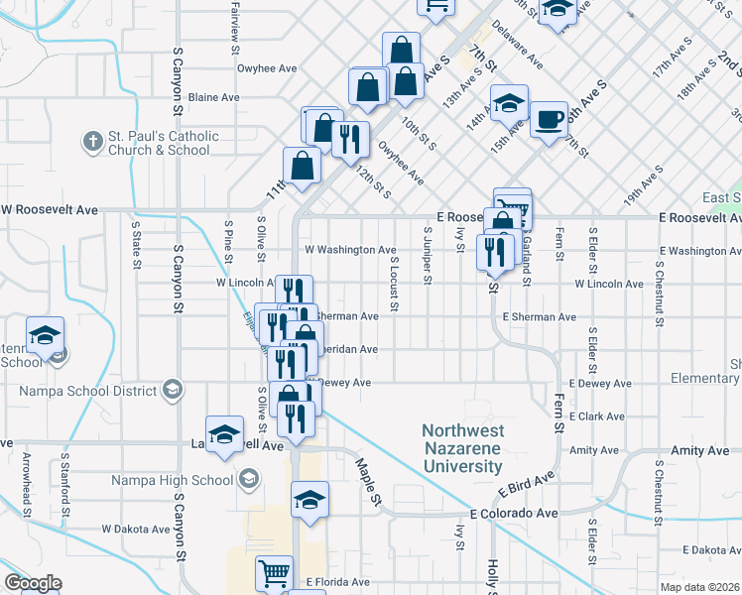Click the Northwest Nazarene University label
point(462,448)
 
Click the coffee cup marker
point(549,121)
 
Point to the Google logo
point(33,583)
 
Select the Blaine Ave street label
point(214,98)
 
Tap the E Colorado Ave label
point(515,514)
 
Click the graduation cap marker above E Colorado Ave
point(310,499)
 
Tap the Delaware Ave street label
point(517,43)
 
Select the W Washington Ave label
point(350,250)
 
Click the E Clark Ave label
point(595,416)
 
